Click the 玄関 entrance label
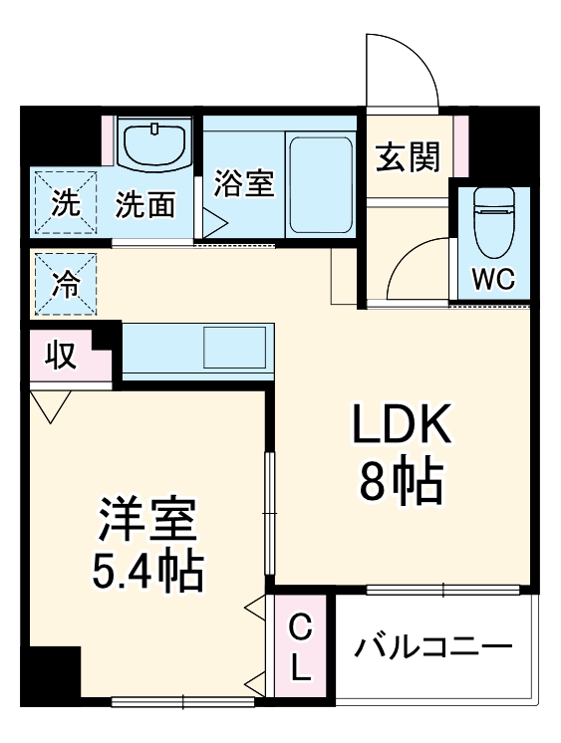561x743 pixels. pyautogui.click(x=408, y=157)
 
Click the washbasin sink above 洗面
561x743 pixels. pyautogui.click(x=156, y=143)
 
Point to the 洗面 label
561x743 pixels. pyautogui.click(x=145, y=205)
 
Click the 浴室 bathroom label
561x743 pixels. pyautogui.click(x=244, y=184)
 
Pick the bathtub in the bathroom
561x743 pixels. pyautogui.click(x=321, y=181)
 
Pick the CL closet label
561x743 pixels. pyautogui.click(x=301, y=647)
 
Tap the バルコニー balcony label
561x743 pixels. pyautogui.click(x=433, y=648)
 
